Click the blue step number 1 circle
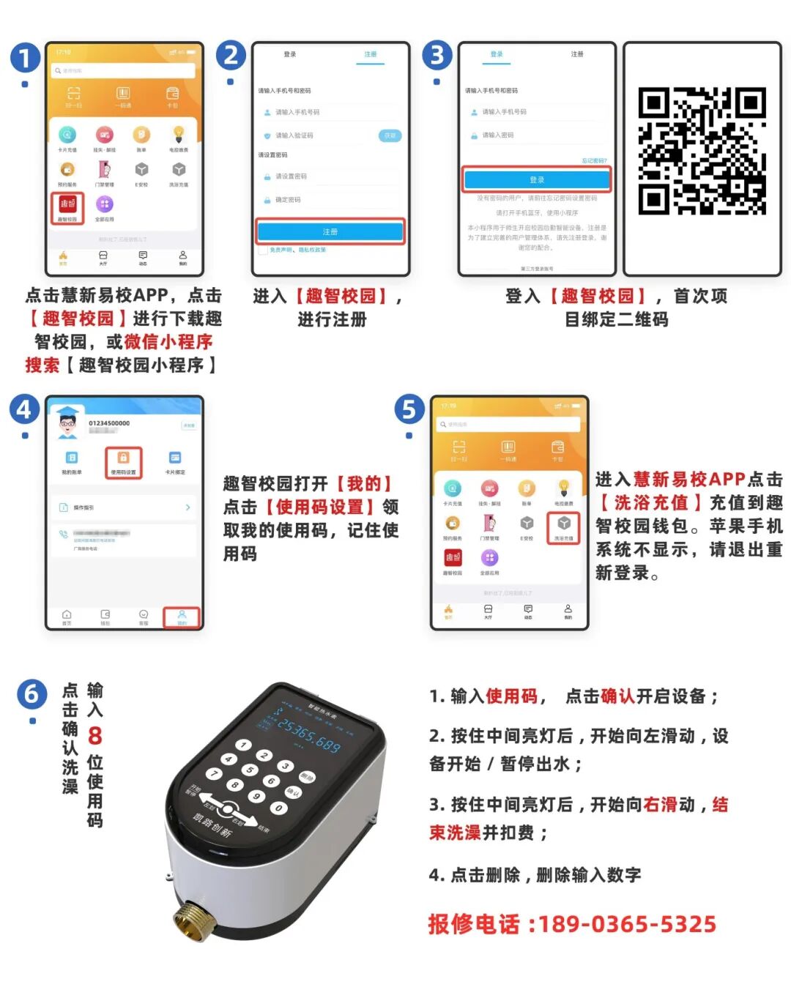coord(24,58)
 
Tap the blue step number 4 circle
coord(24,409)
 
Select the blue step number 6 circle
coord(32,693)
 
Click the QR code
coord(702,151)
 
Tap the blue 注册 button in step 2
coord(330,231)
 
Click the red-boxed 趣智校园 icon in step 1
coord(67,207)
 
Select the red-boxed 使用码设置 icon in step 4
coord(123,461)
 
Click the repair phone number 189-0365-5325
coord(627,924)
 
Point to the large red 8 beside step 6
coord(94,735)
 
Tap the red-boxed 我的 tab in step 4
coord(182,617)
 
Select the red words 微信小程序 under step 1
coord(168,342)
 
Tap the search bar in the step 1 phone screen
coord(124,70)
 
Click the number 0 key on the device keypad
coord(278,808)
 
